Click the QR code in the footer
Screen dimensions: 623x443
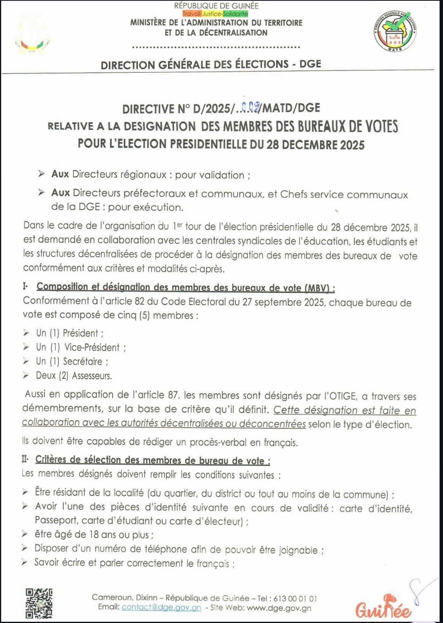point(39,603)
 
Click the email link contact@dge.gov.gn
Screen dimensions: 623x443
point(161,607)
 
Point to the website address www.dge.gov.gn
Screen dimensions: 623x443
point(279,608)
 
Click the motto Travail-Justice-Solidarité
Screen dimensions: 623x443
point(215,14)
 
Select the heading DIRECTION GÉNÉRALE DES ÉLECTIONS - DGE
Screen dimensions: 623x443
point(211,64)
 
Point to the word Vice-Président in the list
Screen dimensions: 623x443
point(92,347)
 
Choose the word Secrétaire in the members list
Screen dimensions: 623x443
point(83,361)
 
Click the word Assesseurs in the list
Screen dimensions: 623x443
point(92,376)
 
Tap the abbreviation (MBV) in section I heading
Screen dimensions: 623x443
point(317,288)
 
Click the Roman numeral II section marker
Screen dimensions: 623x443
point(25,460)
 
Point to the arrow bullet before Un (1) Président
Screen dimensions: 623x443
point(26,333)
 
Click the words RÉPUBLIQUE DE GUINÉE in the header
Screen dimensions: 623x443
point(216,6)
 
